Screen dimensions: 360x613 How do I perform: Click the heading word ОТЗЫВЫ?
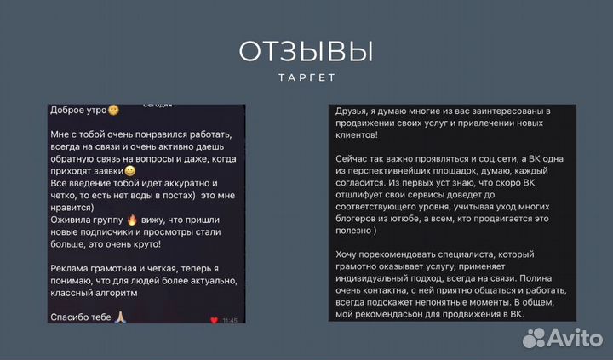pos(306,53)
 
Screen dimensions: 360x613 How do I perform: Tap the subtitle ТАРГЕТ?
pos(306,77)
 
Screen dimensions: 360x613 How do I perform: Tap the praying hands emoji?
pos(121,316)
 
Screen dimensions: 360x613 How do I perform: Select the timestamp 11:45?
pos(230,320)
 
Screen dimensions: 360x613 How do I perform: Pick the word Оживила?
pos(73,218)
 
